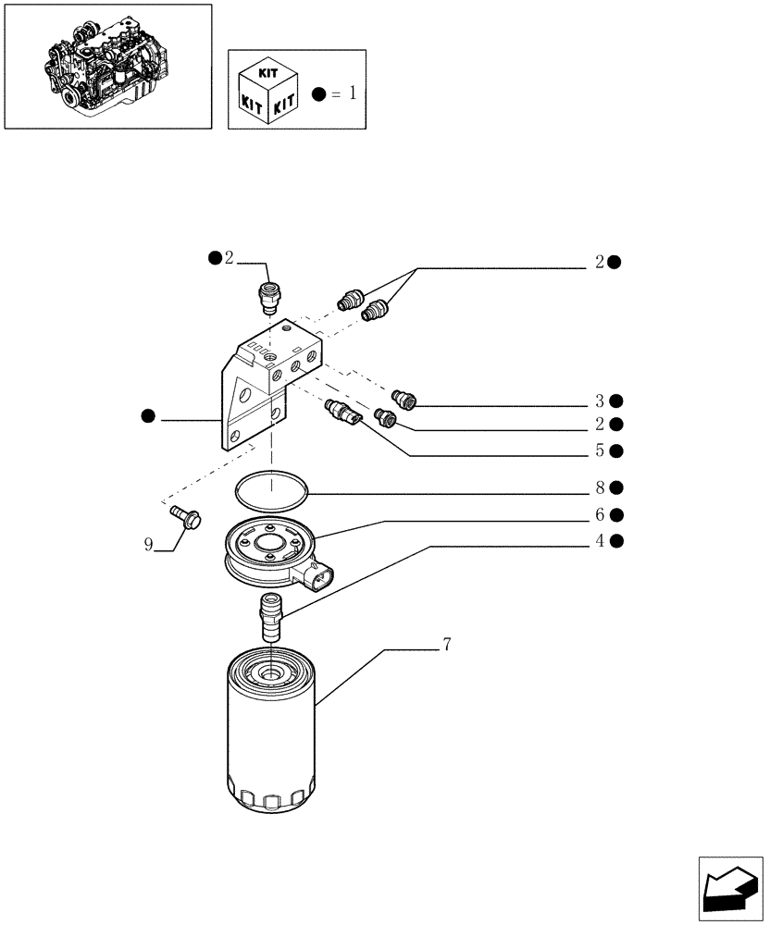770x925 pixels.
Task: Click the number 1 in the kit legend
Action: point(351,93)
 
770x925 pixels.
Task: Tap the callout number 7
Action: point(446,646)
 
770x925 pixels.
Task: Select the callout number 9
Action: point(148,545)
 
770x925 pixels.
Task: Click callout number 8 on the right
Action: point(601,487)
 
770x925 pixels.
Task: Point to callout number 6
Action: point(601,514)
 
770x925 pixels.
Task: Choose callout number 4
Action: point(601,541)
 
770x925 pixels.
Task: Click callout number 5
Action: point(601,451)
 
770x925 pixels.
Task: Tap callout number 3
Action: point(601,401)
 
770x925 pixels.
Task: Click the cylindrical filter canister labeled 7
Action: point(270,731)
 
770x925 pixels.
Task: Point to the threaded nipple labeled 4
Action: point(270,618)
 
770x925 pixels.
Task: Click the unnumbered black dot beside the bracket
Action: point(148,417)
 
